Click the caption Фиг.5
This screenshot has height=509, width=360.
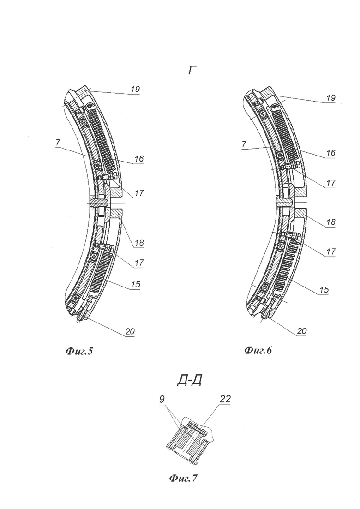click(79, 351)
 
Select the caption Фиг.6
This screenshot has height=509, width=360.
click(258, 350)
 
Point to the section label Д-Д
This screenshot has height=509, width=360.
click(190, 380)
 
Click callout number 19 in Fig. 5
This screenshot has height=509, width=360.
click(135, 89)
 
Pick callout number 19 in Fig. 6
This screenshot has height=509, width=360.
click(330, 98)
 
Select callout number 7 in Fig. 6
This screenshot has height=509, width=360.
click(244, 144)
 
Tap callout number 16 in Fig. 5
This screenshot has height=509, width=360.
click(139, 159)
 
